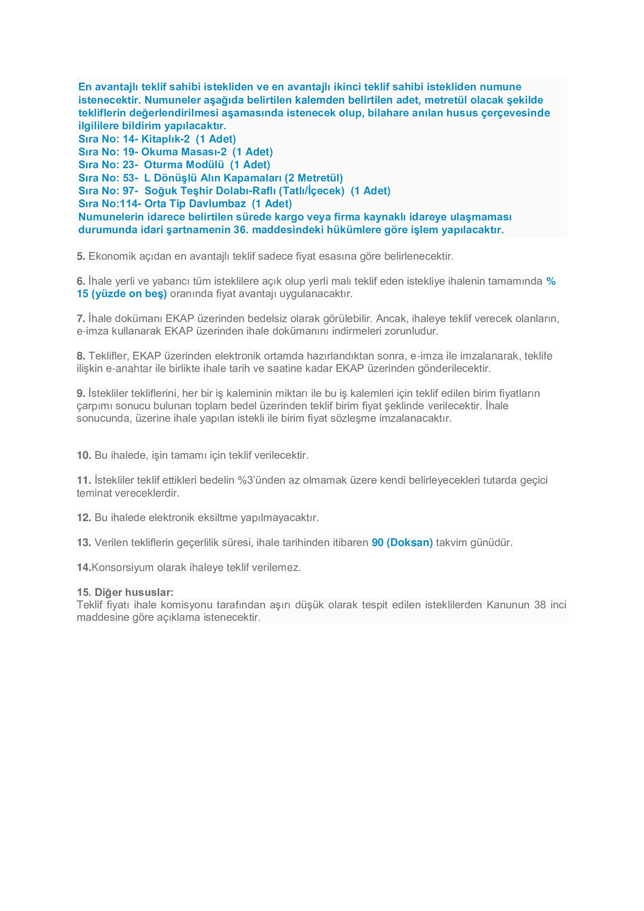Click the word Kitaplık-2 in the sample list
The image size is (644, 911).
click(x=165, y=139)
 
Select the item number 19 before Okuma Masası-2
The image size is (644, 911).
click(x=130, y=152)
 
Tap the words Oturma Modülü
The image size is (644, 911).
click(x=184, y=165)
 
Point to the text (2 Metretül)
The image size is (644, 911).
click(x=314, y=178)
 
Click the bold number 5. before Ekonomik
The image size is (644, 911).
click(x=81, y=256)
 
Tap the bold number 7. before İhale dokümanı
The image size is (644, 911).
click(x=81, y=319)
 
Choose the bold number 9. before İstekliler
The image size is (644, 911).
click(x=81, y=393)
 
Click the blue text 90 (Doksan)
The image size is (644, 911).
click(x=402, y=543)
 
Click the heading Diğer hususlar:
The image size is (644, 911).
click(x=134, y=592)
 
